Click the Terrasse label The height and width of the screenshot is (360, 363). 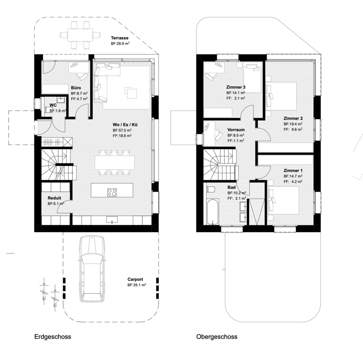tap(119, 38)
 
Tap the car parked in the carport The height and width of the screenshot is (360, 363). tap(92, 269)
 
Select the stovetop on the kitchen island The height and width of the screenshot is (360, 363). tap(112, 193)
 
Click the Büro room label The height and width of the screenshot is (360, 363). tap(76, 88)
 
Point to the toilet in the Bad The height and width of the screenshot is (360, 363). tap(211, 189)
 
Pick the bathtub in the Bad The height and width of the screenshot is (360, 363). tap(212, 212)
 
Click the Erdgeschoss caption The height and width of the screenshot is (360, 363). tap(53, 336)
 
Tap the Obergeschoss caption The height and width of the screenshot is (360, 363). tap(217, 336)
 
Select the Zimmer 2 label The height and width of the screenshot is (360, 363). tap(293, 118)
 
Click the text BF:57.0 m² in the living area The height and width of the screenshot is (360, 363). tap(122, 130)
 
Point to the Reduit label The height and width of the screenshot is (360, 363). tap(54, 198)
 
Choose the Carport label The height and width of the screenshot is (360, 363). tap(135, 279)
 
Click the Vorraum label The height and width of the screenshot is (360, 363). tap(236, 130)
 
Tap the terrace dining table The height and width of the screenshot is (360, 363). tap(80, 35)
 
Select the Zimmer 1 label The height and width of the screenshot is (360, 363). tap(293, 171)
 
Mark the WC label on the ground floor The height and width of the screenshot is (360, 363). tap(53, 106)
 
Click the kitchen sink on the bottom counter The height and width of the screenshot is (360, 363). tap(112, 219)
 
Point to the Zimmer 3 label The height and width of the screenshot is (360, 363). tap(235, 87)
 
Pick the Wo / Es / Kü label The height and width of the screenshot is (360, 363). tap(125, 125)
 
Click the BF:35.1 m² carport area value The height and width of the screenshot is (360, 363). tap(137, 285)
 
